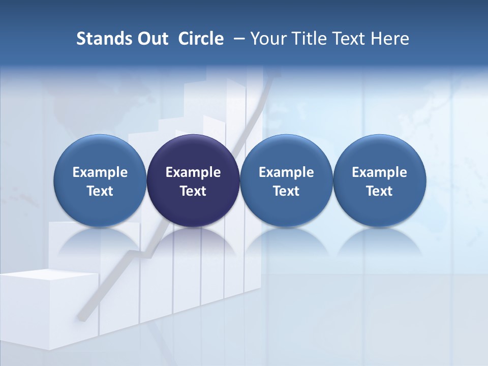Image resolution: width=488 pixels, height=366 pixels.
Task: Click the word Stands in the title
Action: [101, 39]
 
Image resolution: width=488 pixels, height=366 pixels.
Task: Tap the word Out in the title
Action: [151, 39]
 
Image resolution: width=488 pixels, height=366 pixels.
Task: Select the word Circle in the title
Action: [201, 39]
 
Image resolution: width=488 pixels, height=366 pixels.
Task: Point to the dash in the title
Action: [237, 39]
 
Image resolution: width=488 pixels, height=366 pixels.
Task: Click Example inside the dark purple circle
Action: [193, 172]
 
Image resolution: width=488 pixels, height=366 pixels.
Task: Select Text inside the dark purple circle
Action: [193, 191]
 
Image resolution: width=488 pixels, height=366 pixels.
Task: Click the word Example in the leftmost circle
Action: [100, 172]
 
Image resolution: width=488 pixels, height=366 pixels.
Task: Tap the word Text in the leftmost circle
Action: [100, 191]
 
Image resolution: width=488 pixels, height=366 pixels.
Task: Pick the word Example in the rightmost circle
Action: [379, 172]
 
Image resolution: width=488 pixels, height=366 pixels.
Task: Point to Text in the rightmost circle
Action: [379, 191]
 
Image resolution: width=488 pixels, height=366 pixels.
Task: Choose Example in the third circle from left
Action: [286, 172]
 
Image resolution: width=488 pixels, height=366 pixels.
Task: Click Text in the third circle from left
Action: [286, 191]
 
